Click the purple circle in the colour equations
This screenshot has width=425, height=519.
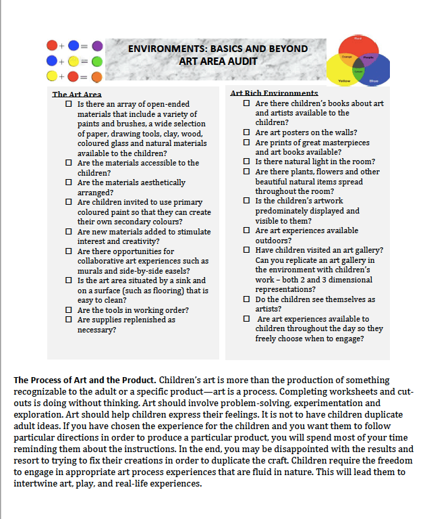(x=97, y=45)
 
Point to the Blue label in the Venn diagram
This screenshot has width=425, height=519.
(x=374, y=81)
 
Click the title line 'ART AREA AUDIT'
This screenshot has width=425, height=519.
(x=218, y=61)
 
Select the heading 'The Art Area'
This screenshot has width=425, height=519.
(x=77, y=95)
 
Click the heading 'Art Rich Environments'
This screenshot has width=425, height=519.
(x=274, y=93)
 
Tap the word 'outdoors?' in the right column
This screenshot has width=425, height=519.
(x=274, y=240)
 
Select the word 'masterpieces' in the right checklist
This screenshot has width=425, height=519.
(x=341, y=143)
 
